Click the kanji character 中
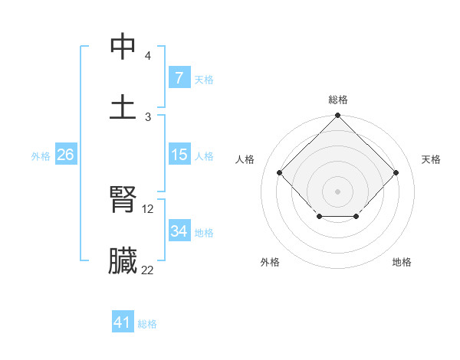123,47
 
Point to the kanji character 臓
123,260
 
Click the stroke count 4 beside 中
148,57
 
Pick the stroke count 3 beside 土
148,116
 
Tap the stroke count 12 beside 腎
149,208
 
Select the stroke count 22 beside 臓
148,269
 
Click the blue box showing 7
179,78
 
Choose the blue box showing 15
179,155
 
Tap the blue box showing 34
179,231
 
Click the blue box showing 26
65,155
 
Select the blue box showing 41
123,322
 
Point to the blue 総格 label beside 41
147,324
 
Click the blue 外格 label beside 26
41,156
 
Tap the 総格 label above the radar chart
338,100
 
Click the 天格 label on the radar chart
431,159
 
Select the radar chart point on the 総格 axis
338,116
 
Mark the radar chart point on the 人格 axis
280,172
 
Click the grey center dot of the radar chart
338,191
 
